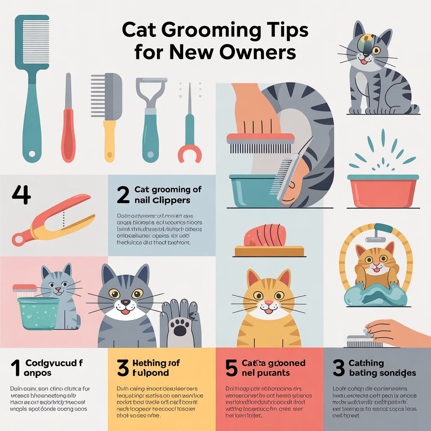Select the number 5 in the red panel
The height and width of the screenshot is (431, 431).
(231, 367)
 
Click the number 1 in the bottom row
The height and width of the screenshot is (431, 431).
(15, 367)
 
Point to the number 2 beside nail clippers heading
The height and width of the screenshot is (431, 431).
(123, 194)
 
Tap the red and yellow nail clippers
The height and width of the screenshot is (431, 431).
(53, 218)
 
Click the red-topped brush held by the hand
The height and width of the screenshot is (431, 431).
(260, 142)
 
